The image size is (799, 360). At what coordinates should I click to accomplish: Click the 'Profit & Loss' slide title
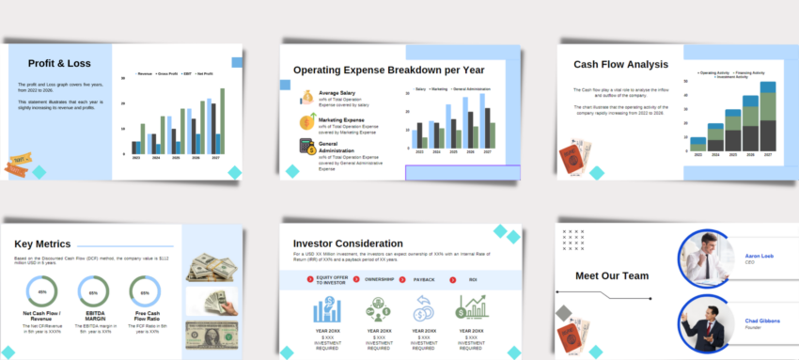point(58,64)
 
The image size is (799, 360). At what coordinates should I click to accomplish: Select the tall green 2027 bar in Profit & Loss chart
point(222,121)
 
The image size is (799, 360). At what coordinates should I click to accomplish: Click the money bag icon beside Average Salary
point(307,97)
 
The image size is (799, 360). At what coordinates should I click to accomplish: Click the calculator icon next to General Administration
point(306,147)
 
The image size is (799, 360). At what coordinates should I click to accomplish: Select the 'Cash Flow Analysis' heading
point(620,65)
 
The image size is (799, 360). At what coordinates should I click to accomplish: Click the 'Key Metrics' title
point(45,243)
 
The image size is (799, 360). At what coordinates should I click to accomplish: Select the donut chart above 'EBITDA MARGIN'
point(93,292)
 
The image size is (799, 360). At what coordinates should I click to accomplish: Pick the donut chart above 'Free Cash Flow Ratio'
point(145,292)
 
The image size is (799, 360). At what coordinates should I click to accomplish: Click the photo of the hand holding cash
point(212,302)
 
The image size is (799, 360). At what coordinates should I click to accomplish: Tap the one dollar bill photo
point(212,336)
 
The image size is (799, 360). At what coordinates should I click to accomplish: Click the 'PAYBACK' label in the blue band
point(424,279)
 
